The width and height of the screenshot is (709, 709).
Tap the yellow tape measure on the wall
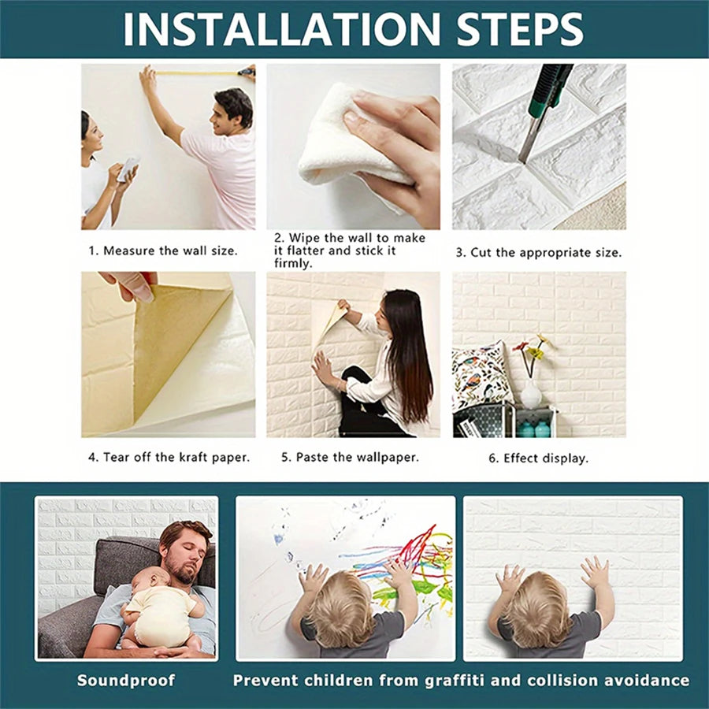point(197,73)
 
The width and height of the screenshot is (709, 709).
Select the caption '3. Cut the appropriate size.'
point(539,253)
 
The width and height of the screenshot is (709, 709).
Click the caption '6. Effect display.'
point(538,458)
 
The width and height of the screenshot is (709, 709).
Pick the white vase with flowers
point(531,392)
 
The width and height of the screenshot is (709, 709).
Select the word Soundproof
point(126,680)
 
